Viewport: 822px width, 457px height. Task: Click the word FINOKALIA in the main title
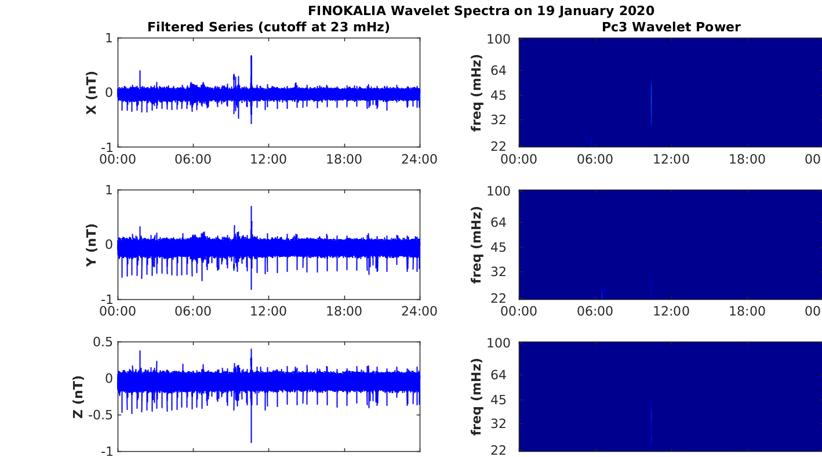pyautogui.click(x=347, y=10)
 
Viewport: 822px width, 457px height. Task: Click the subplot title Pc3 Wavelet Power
pyautogui.click(x=671, y=27)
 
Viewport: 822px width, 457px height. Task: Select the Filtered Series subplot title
pyautogui.click(x=268, y=27)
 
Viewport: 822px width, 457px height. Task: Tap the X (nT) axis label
pyautogui.click(x=92, y=92)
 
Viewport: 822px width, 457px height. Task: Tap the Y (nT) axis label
pyautogui.click(x=92, y=245)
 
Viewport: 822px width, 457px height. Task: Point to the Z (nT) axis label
pyautogui.click(x=78, y=397)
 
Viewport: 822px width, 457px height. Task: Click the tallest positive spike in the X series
pyautogui.click(x=252, y=56)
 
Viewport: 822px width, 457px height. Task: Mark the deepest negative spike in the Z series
pyautogui.click(x=252, y=442)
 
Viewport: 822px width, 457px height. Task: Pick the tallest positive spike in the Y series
pyautogui.click(x=252, y=207)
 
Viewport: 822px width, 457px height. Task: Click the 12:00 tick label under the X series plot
pyautogui.click(x=268, y=159)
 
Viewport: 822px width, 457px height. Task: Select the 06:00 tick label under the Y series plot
pyautogui.click(x=193, y=311)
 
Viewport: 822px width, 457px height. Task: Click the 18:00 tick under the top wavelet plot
pyautogui.click(x=747, y=159)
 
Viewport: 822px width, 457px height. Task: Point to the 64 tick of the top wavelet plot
pyautogui.click(x=499, y=70)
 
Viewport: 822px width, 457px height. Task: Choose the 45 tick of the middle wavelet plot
pyautogui.click(x=499, y=247)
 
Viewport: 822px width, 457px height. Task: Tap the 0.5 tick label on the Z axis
pyautogui.click(x=103, y=342)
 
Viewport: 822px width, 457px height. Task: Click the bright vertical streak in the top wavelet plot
pyautogui.click(x=651, y=103)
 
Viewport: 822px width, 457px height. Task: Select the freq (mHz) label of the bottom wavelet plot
pyautogui.click(x=476, y=397)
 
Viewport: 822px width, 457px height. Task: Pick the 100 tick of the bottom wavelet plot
pyautogui.click(x=499, y=343)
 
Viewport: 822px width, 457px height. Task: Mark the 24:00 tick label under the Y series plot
pyautogui.click(x=420, y=311)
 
